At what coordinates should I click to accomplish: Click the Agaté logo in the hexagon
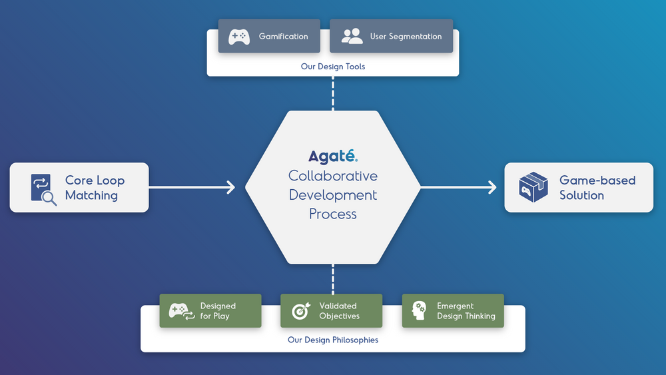(x=333, y=157)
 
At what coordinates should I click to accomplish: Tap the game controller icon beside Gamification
(x=239, y=37)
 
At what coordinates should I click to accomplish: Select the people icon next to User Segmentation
(x=352, y=37)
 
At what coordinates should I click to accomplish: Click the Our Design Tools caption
(x=333, y=67)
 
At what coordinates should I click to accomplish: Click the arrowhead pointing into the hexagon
(x=230, y=187)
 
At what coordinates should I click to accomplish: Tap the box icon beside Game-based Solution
(x=533, y=188)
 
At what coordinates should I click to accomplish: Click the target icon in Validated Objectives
(x=301, y=311)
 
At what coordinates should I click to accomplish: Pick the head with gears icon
(x=420, y=311)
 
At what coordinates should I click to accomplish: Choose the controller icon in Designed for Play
(x=181, y=311)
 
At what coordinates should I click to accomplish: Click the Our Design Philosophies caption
(x=333, y=340)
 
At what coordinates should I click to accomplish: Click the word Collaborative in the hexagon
(x=333, y=176)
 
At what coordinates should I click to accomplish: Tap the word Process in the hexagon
(x=333, y=214)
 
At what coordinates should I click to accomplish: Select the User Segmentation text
(x=406, y=37)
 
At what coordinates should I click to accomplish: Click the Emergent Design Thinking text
(x=466, y=311)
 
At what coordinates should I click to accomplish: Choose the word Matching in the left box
(x=91, y=196)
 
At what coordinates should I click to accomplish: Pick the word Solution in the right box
(x=581, y=196)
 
